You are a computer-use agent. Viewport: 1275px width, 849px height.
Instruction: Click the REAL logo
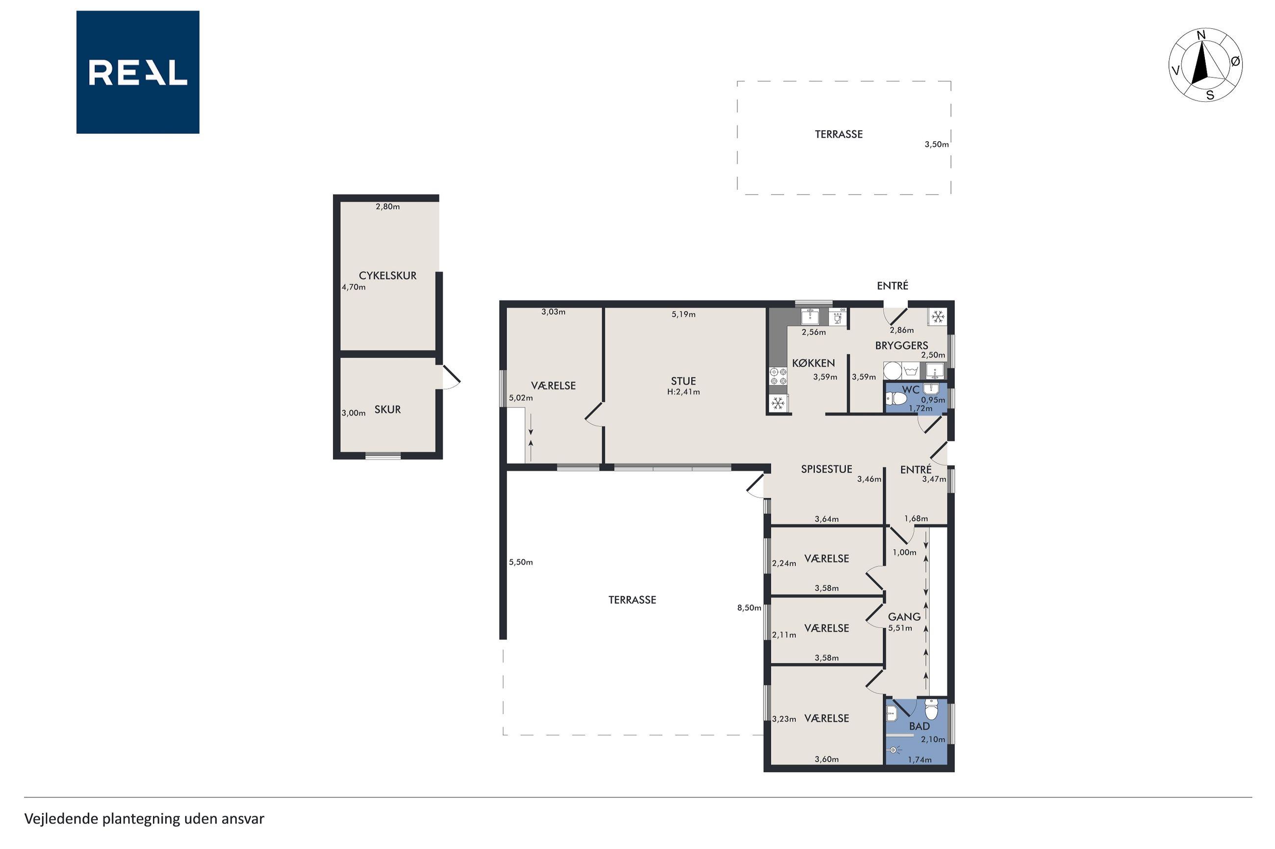[138, 72]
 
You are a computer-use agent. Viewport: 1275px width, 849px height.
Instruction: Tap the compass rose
[1205, 65]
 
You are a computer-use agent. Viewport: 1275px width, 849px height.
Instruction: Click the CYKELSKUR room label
[387, 276]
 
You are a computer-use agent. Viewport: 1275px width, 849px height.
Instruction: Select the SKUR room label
[387, 410]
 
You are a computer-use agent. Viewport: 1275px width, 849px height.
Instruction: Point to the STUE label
[683, 381]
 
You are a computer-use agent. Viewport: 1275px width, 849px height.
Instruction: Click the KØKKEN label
[814, 364]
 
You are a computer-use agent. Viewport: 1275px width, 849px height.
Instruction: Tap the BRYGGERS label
[902, 345]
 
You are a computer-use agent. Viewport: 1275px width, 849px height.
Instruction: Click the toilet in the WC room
[896, 400]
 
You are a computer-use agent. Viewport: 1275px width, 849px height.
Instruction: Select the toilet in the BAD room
[931, 709]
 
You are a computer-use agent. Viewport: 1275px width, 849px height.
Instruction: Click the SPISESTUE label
[826, 469]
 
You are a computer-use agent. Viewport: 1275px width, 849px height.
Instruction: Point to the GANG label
[904, 617]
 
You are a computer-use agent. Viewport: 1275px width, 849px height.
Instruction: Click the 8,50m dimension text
[749, 608]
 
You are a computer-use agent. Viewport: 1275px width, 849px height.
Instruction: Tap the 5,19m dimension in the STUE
[683, 315]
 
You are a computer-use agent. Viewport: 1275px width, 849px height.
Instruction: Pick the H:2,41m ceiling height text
[683, 392]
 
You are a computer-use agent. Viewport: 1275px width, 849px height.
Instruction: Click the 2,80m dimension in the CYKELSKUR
[387, 207]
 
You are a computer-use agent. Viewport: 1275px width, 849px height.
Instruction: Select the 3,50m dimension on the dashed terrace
[936, 145]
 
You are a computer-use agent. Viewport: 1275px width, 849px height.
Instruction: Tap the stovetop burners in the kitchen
[778, 376]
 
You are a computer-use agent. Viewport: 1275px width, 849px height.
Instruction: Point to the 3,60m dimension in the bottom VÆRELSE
[826, 760]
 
